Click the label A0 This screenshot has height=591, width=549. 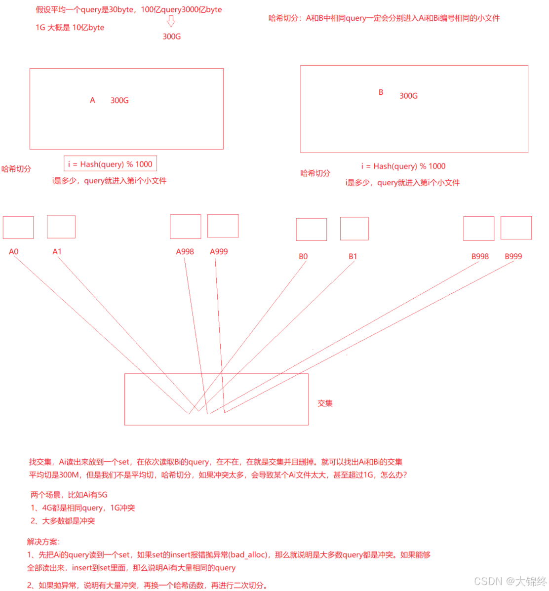pos(13,252)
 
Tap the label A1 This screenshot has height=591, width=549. pos(57,252)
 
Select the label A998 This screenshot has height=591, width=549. pos(185,252)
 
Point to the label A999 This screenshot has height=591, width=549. pos(219,252)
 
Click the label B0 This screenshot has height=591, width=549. pos(303,257)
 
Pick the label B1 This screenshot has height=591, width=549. pos(353,257)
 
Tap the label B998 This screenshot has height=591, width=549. pos(480,257)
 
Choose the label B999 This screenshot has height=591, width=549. pos(513,257)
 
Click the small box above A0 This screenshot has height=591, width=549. pos(18,228)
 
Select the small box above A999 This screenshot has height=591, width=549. pos(223,226)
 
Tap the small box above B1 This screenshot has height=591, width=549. pos(354,229)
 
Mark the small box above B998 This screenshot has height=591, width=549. pos(478,229)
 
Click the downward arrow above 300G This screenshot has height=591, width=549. pos(171,21)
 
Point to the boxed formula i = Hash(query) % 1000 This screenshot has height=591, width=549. pos(110,164)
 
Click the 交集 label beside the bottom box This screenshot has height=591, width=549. pos(325,403)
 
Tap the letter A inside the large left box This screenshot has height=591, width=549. pos(92,100)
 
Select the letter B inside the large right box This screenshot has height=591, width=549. pos(381,92)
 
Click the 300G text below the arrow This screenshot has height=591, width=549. pos(172,37)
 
